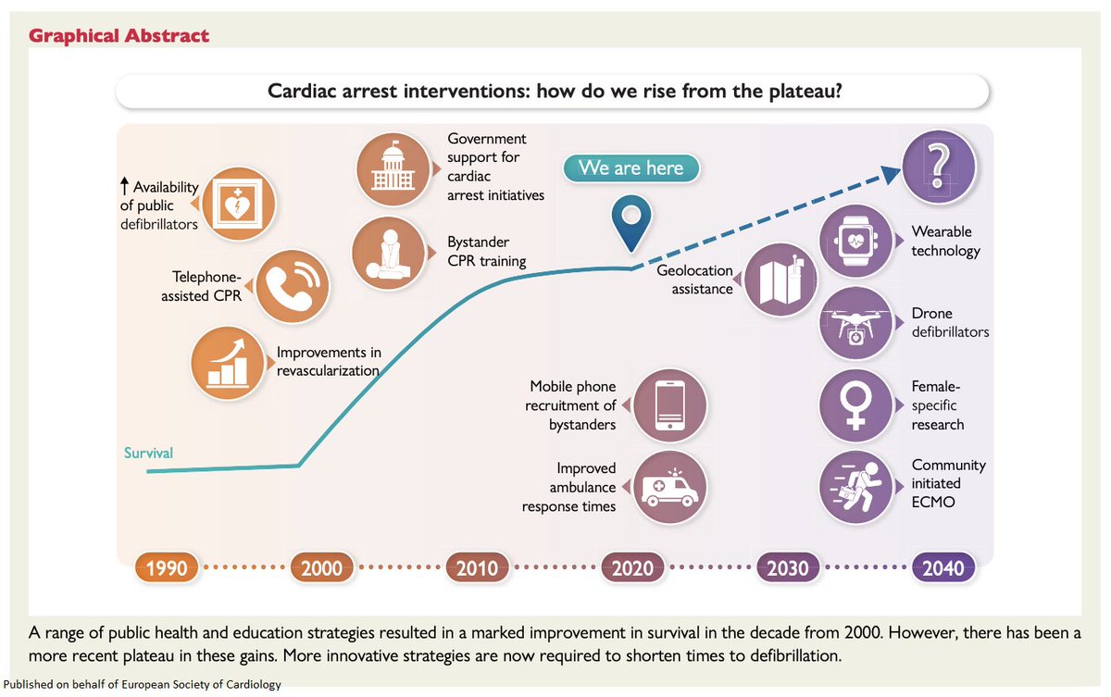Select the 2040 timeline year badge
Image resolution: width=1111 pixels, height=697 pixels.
[942, 567]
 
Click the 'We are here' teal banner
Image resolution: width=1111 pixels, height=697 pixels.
[630, 168]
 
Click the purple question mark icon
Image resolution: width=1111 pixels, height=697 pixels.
[938, 168]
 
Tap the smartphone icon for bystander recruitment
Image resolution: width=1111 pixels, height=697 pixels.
[669, 405]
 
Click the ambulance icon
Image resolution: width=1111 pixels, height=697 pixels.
[669, 487]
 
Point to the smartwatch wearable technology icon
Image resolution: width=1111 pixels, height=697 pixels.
[856, 241]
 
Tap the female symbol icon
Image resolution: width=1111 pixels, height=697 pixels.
[856, 405]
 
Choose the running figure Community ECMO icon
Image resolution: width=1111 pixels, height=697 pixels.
[856, 487]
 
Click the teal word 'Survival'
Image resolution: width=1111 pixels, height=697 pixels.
[148, 453]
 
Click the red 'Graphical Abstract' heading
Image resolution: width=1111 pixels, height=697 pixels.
[119, 36]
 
